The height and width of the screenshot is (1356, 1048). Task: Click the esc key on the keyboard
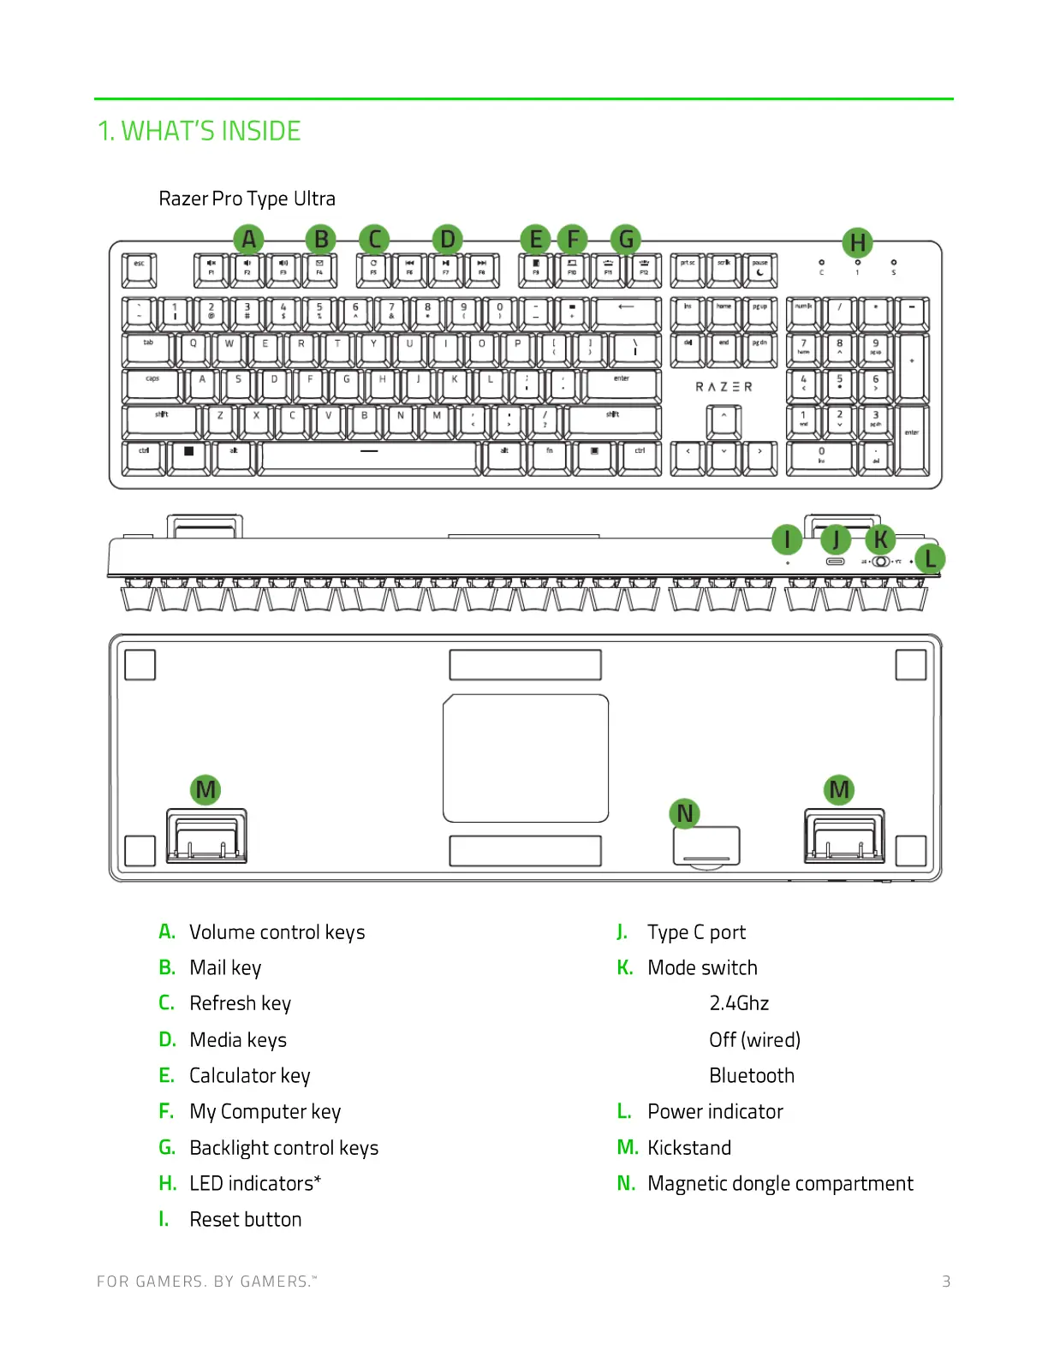139,269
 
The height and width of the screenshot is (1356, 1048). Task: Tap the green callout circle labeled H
857,243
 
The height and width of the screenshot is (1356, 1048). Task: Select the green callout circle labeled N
684,813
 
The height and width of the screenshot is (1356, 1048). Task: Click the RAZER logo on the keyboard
723,387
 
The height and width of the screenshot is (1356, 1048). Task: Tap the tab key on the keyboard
149,348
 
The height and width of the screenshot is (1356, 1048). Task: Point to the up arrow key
723,420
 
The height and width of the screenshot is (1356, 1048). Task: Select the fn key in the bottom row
550,456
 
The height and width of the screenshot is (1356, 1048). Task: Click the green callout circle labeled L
930,559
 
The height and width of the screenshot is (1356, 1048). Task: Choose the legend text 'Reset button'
246,1219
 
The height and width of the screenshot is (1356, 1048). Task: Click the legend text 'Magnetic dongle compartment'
780,1183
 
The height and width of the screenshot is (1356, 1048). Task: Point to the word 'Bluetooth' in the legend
752,1075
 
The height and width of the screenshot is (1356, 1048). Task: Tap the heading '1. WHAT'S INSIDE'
199,131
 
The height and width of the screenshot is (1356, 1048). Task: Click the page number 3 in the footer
946,1281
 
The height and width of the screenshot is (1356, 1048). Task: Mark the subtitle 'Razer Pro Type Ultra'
247,199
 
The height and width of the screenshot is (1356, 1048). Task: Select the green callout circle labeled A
248,239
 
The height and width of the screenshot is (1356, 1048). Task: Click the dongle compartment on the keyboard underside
706,846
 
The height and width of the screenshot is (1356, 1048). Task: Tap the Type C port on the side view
836,562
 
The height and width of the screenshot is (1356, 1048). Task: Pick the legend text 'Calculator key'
250,1075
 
